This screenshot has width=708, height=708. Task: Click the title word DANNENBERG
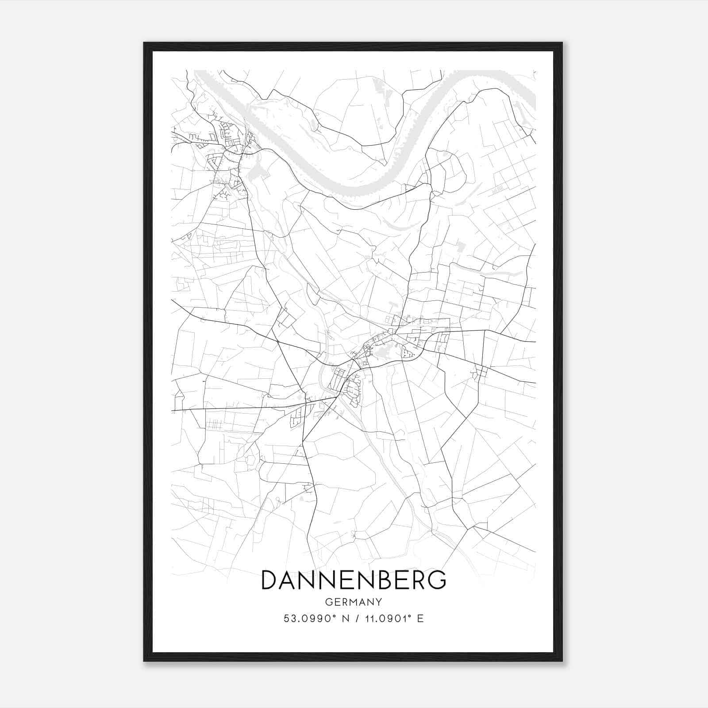point(354,580)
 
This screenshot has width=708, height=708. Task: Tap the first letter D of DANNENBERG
point(270,580)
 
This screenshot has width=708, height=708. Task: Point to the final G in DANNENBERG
point(437,580)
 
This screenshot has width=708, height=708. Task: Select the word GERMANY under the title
point(354,602)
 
